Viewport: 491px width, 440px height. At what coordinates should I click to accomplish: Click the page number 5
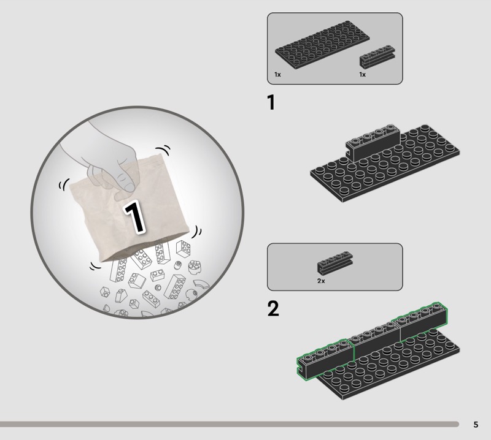pos(476,425)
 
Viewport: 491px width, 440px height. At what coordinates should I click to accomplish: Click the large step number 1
pos(271,102)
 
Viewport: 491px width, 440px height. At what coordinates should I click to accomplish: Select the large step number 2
pos(273,308)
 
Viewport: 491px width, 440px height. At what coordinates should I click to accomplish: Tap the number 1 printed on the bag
pos(134,218)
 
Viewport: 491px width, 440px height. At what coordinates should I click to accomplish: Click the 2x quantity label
pos(321,281)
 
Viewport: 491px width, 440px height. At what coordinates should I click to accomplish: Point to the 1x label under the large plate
pos(277,74)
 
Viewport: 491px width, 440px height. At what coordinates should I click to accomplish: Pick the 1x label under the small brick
pos(362,74)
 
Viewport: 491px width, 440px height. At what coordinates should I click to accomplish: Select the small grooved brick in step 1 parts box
pos(377,56)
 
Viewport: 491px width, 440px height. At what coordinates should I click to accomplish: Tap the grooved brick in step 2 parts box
pos(335,263)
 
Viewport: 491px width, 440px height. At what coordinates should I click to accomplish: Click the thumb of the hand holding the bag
pos(125,181)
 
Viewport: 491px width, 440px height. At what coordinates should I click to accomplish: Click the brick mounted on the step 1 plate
pos(373,143)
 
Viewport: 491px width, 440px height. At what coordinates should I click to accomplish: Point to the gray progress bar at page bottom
pos(229,424)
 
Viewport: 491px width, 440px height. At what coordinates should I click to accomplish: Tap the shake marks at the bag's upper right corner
pos(163,150)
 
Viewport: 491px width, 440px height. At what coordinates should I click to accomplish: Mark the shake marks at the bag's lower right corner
pos(196,232)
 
